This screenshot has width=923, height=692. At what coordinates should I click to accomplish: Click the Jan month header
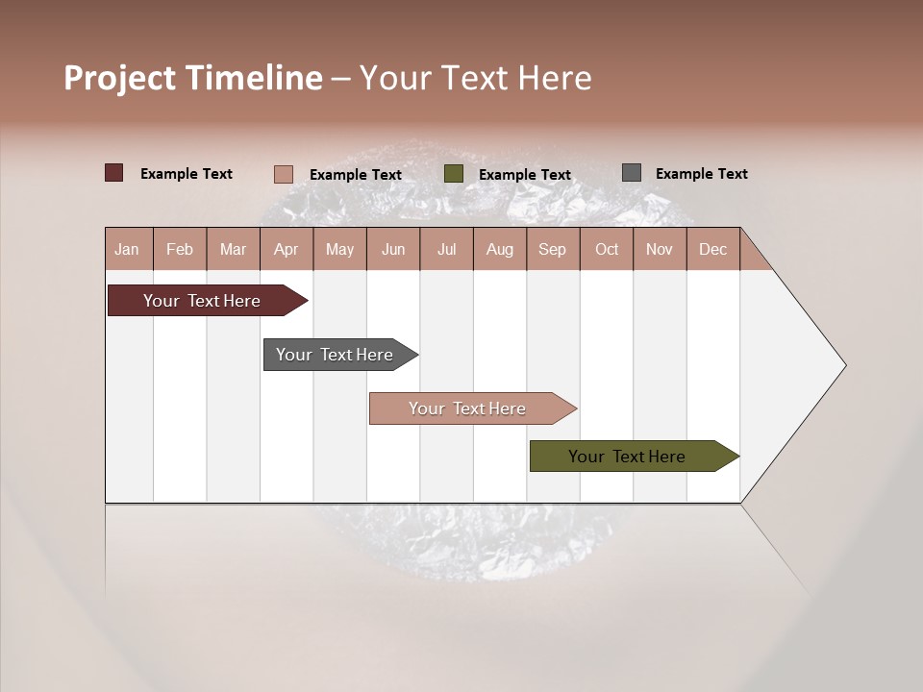127,249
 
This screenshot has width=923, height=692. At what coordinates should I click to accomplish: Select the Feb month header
180,249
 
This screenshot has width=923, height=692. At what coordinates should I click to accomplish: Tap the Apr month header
287,249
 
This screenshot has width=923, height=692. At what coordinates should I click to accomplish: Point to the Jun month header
393,249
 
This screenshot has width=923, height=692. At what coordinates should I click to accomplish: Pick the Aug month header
500,249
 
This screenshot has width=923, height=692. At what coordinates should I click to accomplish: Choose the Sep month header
553,249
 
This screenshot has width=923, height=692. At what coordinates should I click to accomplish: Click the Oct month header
607,249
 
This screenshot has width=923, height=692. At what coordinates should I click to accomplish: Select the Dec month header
713,249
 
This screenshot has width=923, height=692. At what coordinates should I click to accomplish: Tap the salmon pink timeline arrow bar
468,408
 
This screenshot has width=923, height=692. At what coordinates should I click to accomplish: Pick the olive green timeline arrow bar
628,457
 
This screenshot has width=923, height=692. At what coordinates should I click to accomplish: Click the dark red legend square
114,173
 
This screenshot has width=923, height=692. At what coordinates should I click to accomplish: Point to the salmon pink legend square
284,174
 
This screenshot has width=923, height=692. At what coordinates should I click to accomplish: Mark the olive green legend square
454,174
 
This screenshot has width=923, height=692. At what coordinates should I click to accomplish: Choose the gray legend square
632,173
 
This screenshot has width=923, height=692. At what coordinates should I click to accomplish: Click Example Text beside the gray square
701,174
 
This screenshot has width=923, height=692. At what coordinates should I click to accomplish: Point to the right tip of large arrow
844,365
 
